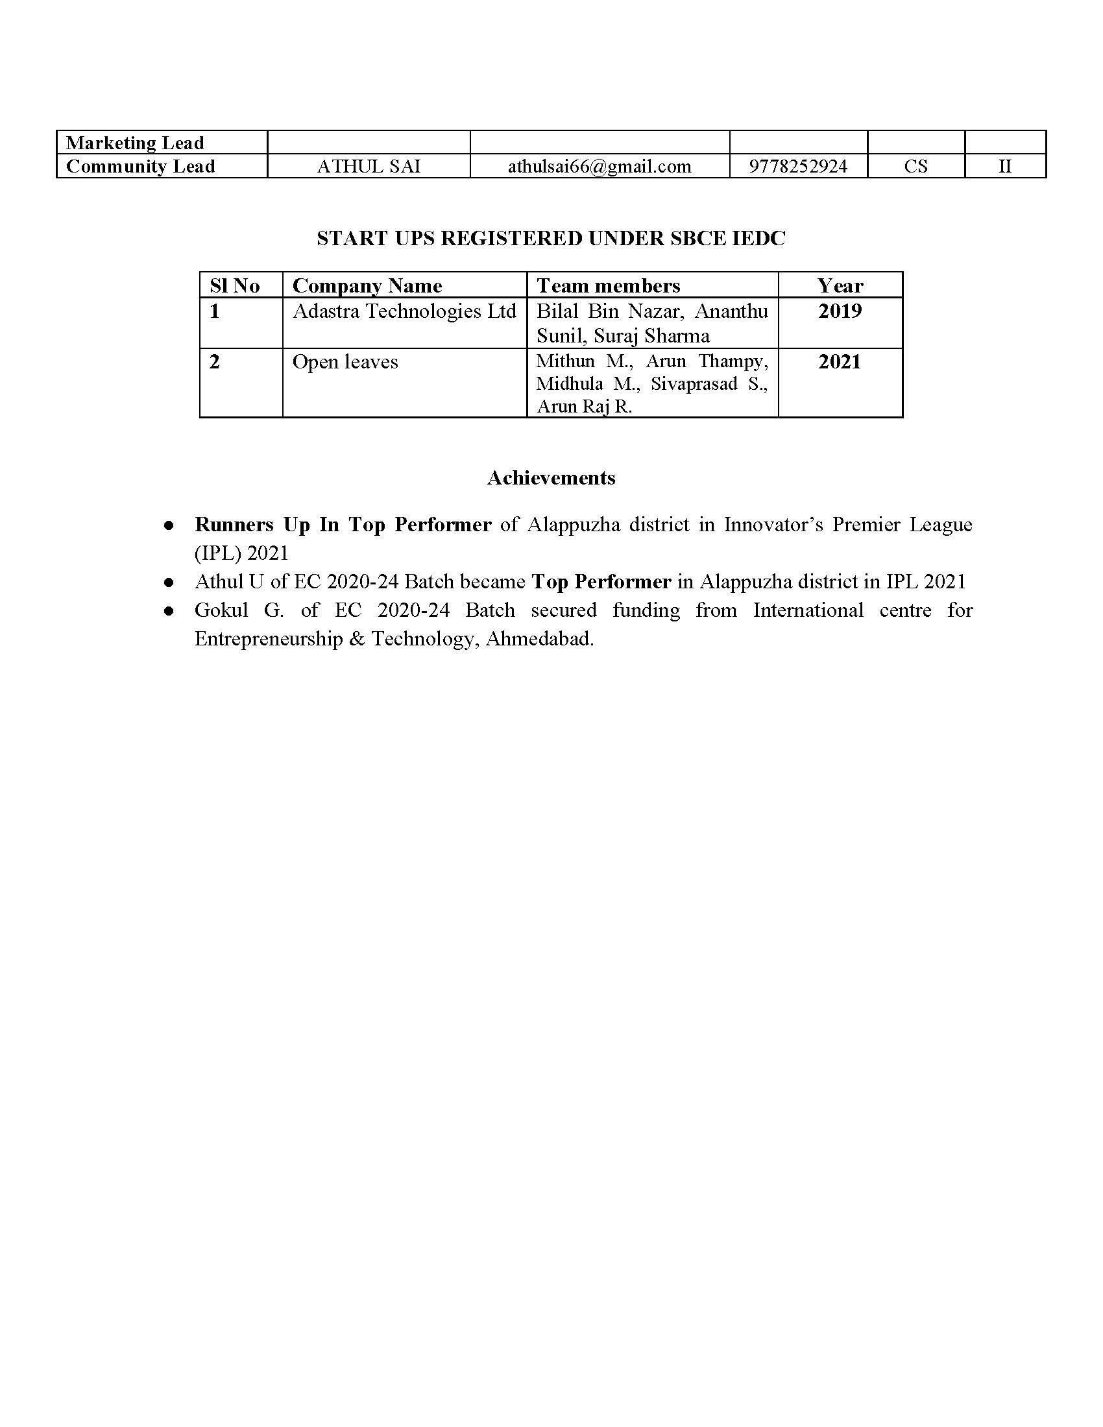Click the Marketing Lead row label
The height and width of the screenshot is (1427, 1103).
[135, 143]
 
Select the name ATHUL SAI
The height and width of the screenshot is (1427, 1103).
[369, 166]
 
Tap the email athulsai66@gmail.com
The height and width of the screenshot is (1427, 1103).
[600, 166]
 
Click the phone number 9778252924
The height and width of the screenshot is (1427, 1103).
[798, 166]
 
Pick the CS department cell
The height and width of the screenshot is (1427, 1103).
[915, 166]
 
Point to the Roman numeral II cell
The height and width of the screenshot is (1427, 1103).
[1005, 166]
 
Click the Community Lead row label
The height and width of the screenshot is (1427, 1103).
[141, 166]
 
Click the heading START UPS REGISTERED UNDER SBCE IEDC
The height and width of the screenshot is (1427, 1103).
[551, 239]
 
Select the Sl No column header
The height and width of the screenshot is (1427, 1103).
[235, 285]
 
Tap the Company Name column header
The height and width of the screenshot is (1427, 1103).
[367, 285]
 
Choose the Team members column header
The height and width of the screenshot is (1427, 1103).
[609, 285]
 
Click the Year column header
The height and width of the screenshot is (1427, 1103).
[840, 285]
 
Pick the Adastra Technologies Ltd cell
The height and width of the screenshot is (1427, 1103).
[404, 311]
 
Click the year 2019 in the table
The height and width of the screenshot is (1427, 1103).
[840, 311]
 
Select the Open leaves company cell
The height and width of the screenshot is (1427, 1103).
[345, 362]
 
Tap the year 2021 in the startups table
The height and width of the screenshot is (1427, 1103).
[840, 362]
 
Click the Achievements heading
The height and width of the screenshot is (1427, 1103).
[551, 477]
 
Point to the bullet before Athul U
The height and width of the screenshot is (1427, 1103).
[169, 582]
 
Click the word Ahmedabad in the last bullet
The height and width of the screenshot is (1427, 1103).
[539, 638]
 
